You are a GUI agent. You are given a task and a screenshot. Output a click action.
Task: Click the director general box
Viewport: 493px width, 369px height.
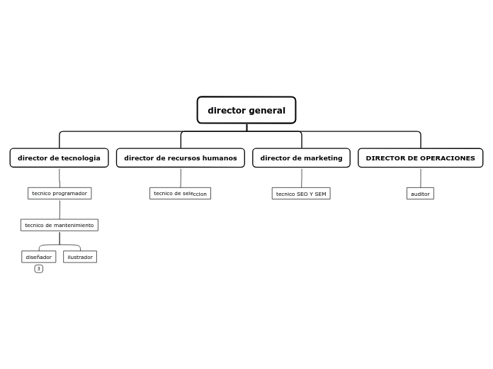click(246, 110)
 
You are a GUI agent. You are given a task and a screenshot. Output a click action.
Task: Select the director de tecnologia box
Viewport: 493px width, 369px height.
click(59, 158)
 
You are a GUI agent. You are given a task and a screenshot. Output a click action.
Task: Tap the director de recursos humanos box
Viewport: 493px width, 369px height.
click(181, 158)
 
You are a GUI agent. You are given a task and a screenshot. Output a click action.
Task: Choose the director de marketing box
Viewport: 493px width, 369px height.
click(301, 158)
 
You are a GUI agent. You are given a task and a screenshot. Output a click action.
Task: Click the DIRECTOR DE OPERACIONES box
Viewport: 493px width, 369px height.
click(420, 158)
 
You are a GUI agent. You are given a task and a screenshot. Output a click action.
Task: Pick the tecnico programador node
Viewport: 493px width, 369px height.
click(59, 193)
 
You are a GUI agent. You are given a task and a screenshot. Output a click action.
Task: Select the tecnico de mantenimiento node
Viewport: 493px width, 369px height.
click(59, 225)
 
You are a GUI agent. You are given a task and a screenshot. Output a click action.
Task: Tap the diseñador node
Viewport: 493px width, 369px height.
click(39, 257)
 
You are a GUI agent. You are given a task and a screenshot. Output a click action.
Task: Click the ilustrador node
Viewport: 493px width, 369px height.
click(80, 257)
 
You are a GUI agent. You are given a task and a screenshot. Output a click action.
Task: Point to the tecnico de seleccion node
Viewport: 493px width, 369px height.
click(180, 193)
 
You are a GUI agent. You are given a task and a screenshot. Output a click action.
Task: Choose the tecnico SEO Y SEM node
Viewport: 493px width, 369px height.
click(301, 194)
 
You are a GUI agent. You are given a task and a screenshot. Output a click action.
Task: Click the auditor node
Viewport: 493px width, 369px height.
click(420, 194)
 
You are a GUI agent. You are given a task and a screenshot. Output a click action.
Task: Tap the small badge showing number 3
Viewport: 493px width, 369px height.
click(39, 268)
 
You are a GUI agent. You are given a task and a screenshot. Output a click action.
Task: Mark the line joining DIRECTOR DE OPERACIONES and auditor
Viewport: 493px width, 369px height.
click(420, 177)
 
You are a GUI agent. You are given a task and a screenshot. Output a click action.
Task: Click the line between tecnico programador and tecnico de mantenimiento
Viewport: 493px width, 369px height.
click(59, 209)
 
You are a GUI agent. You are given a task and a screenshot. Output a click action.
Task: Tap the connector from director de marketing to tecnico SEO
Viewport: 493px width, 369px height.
click(301, 177)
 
